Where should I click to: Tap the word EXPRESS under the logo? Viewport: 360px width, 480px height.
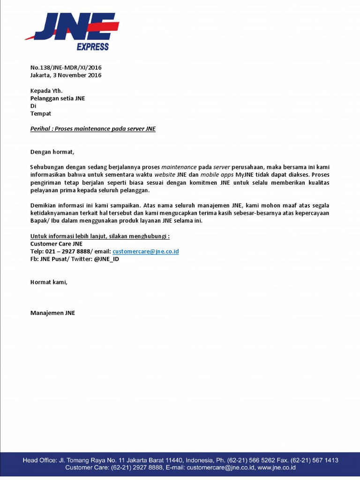(92, 47)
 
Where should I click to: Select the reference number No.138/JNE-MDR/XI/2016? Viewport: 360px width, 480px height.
(66, 67)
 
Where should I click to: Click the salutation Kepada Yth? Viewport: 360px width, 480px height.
(46, 90)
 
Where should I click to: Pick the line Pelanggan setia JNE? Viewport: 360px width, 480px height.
(58, 98)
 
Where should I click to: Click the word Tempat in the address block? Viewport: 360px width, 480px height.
(41, 113)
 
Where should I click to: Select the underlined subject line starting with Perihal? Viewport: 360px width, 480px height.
(93, 128)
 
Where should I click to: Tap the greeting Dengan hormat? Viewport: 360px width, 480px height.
(52, 151)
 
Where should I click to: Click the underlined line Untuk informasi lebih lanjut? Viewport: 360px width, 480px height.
(100, 236)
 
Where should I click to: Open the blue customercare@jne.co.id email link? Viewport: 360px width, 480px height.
(146, 251)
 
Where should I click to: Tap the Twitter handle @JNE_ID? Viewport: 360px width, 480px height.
(106, 259)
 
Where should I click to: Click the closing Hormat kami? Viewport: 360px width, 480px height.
(49, 282)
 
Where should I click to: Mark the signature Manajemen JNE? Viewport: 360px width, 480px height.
(52, 313)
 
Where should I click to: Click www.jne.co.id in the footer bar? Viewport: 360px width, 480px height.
(276, 467)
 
